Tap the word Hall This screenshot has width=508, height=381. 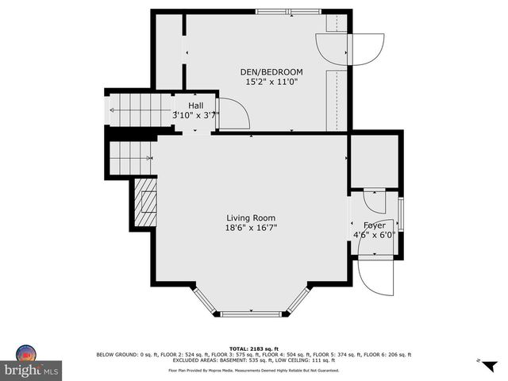click(x=196, y=106)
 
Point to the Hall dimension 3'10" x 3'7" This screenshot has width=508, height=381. click(x=196, y=115)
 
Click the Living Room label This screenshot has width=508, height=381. click(x=251, y=218)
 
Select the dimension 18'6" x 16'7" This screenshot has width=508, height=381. click(x=251, y=228)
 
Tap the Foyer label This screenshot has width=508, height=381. click(x=374, y=225)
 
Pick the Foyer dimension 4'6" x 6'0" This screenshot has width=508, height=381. click(x=375, y=235)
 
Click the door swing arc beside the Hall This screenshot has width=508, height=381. click(x=235, y=114)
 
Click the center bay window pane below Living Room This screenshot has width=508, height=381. click(x=251, y=314)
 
